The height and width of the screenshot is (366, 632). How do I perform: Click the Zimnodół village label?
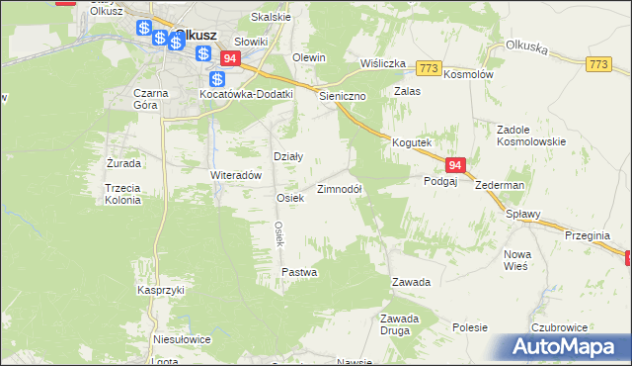(340, 189)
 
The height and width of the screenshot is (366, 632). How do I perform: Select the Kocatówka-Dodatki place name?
(247, 94)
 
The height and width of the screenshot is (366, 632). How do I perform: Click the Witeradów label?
(235, 174)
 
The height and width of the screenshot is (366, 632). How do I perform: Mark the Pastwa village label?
(299, 271)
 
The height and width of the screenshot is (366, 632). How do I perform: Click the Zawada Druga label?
(401, 324)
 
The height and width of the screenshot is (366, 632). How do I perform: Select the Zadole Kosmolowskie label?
(530, 136)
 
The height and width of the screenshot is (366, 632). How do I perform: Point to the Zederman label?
(499, 185)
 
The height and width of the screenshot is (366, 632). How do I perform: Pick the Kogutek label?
(412, 143)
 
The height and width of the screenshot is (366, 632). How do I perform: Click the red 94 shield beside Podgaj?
(454, 165)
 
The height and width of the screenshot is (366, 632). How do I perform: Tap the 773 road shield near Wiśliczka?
(428, 67)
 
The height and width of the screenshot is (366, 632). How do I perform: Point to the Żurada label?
(123, 162)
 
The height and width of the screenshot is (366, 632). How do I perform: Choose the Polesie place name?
(471, 326)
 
